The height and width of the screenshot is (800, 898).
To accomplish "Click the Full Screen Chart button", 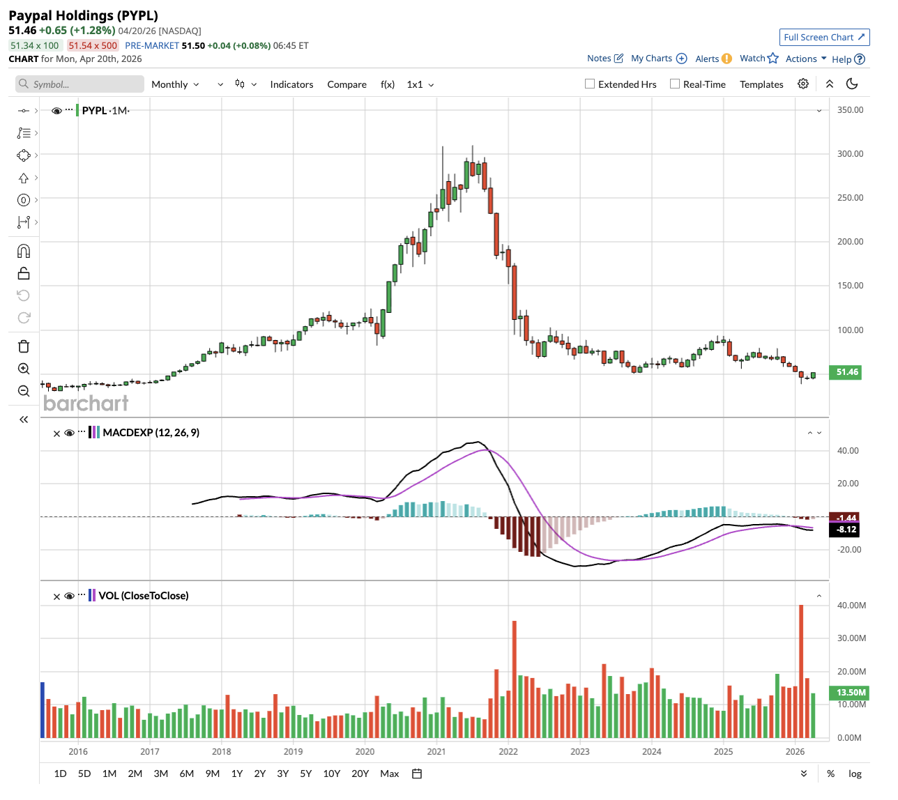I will [x=824, y=37].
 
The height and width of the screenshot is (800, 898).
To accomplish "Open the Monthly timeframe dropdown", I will [x=175, y=84].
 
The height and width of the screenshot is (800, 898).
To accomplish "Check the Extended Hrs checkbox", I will [x=590, y=84].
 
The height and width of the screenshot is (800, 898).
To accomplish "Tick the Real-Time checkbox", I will [x=675, y=84].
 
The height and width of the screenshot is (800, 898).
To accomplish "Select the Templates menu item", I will [x=761, y=84].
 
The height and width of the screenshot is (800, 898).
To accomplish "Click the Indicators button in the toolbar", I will [x=291, y=84].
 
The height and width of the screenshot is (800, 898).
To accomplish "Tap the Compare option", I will [x=347, y=84].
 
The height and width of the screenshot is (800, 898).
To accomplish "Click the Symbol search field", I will [x=80, y=84].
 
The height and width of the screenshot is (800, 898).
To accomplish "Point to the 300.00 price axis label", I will [x=850, y=153].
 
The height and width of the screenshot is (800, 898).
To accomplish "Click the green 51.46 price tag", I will [x=846, y=372].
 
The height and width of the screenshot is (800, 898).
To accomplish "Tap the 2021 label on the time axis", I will [x=436, y=751].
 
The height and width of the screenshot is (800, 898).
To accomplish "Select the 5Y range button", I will [x=305, y=774].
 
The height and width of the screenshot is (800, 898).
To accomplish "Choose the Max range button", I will [x=389, y=774].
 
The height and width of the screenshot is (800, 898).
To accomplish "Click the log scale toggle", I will [x=855, y=774].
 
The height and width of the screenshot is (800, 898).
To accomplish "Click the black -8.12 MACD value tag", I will [x=846, y=530].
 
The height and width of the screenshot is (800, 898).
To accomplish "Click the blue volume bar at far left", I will [x=43, y=709].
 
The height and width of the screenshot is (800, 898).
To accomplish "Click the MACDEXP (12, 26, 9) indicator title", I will [x=151, y=433].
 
